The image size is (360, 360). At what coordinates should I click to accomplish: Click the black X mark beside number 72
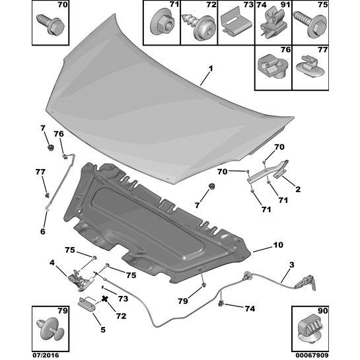[105, 299]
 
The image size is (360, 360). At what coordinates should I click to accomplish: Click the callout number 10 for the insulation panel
[278, 245]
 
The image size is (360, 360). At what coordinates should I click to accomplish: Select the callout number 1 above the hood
[211, 69]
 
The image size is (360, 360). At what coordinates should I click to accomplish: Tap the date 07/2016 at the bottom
[45, 355]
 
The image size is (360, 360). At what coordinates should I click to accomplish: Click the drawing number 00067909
[310, 355]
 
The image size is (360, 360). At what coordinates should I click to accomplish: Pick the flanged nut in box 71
[162, 23]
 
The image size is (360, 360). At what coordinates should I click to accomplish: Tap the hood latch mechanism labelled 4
[81, 279]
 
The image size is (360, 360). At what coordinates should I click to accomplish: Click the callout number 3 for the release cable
[291, 265]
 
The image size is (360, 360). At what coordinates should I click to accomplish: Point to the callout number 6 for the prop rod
[43, 231]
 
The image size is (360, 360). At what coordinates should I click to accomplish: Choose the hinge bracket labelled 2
[268, 172]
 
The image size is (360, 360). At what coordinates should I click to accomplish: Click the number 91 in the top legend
[285, 5]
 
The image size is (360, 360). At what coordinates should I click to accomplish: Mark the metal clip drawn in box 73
[236, 24]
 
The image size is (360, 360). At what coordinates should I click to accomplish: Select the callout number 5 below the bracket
[103, 330]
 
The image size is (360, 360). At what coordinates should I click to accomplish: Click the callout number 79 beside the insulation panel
[183, 301]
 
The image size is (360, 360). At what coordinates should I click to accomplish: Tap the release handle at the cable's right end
[305, 283]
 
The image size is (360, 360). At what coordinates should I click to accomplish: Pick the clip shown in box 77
[310, 66]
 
